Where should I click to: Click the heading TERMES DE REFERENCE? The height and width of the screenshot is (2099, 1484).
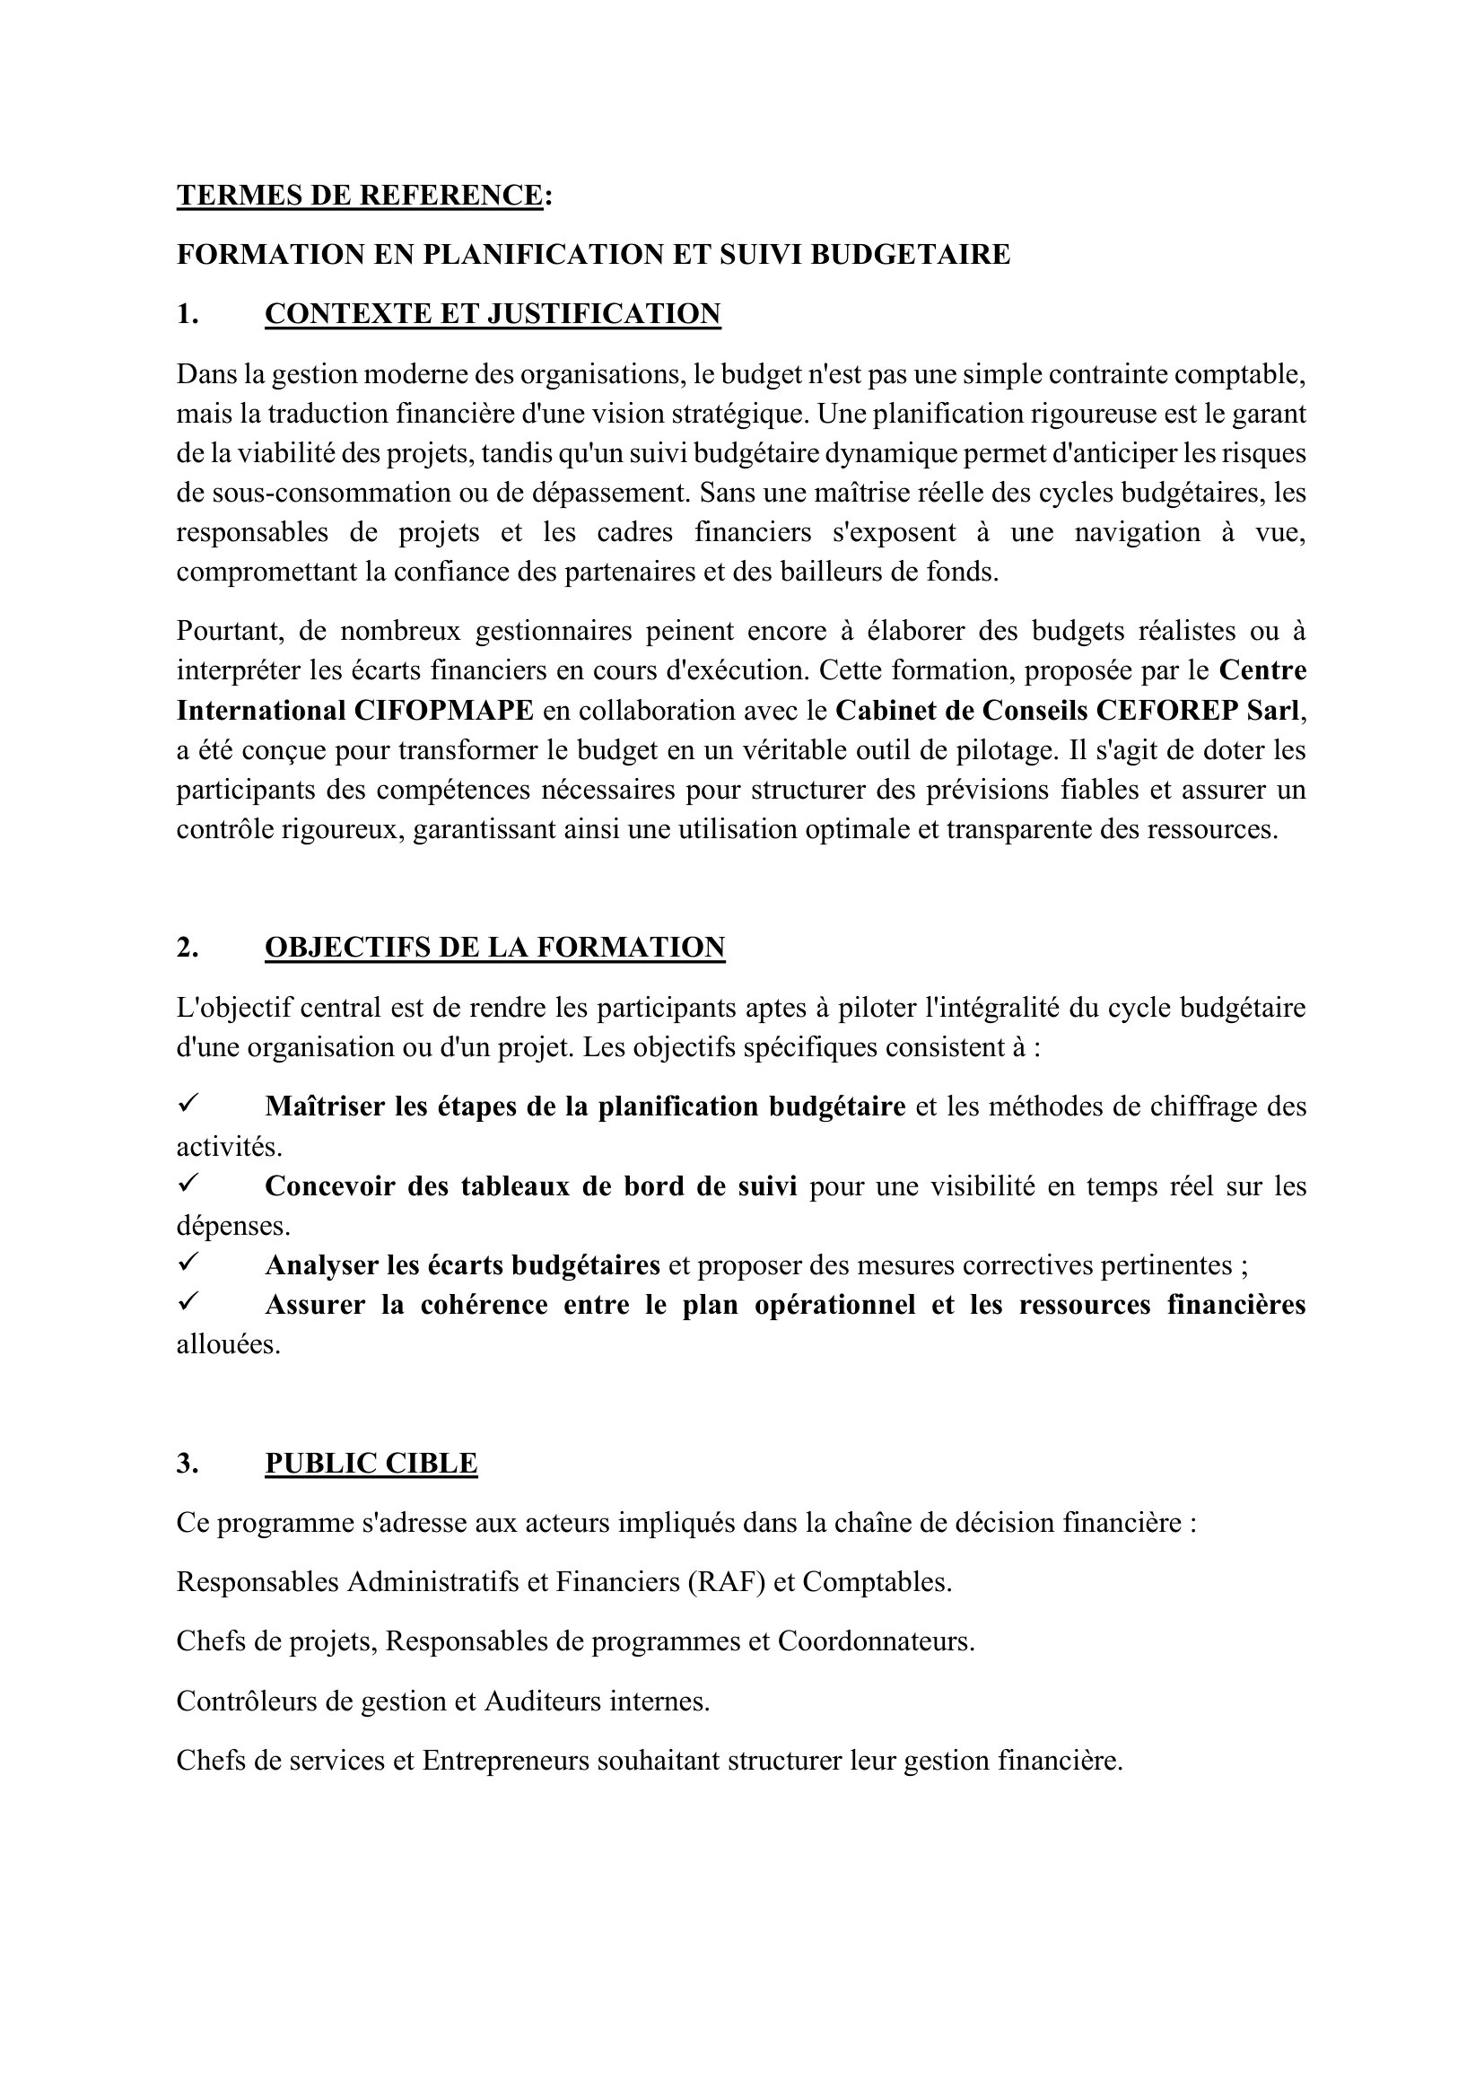click(359, 196)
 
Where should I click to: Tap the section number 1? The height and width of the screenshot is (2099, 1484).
click(187, 313)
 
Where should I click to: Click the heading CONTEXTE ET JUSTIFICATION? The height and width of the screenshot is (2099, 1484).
click(493, 313)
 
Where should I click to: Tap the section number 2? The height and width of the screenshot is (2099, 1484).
click(188, 947)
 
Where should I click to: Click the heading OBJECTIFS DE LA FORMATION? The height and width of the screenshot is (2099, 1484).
click(494, 947)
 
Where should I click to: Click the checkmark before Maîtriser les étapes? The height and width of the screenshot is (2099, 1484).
click(188, 1106)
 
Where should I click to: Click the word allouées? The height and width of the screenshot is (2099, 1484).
click(228, 1345)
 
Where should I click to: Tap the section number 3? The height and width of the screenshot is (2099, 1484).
click(188, 1464)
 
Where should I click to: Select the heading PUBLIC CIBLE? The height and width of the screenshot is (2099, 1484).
click(371, 1464)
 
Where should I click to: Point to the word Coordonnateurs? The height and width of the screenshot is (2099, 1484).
click(876, 1642)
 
